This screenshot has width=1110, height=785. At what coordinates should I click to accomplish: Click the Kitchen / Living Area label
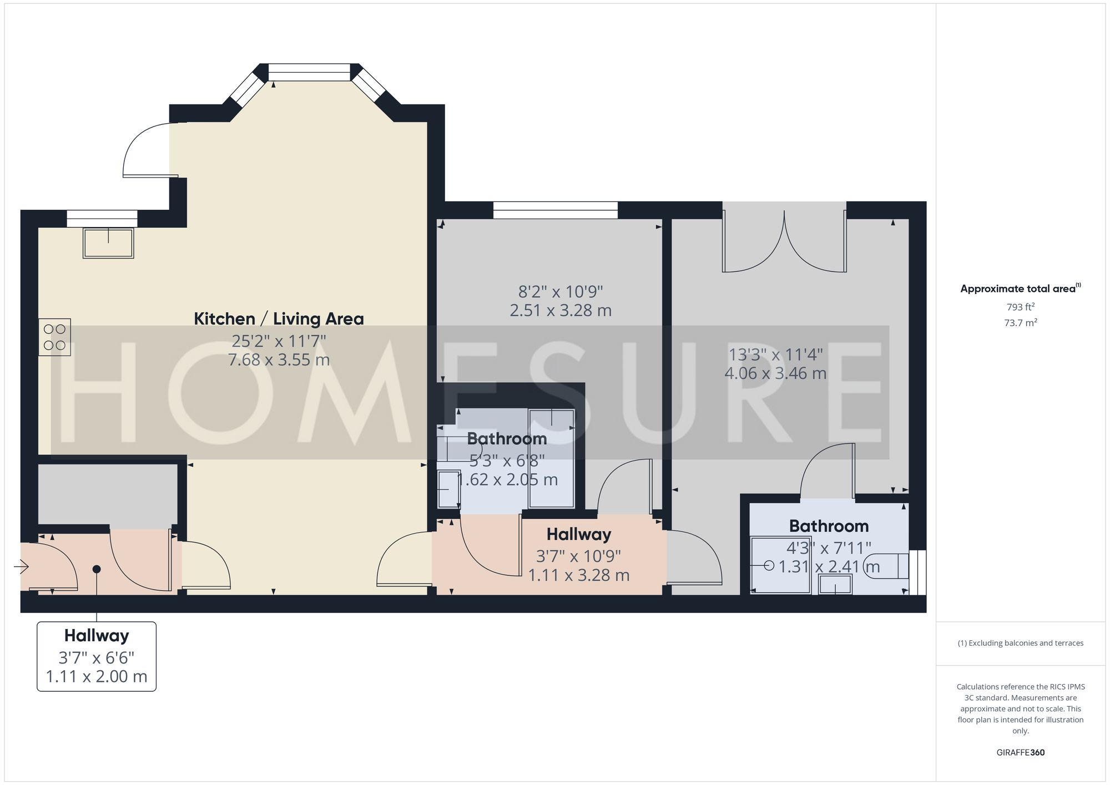tap(279, 318)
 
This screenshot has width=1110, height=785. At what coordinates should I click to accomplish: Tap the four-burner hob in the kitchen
tap(54, 337)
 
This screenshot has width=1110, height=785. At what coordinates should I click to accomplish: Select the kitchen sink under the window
tap(108, 243)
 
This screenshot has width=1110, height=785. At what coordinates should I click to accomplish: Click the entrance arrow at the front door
tap(22, 566)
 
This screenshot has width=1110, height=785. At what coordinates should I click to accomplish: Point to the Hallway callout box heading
tap(97, 635)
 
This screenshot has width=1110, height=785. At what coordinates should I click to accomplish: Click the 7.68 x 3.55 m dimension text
tap(279, 359)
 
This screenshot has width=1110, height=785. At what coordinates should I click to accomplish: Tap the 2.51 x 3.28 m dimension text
tap(561, 310)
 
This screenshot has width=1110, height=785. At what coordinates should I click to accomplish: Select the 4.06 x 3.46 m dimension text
tap(775, 373)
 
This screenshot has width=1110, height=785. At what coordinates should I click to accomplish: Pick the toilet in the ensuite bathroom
tap(888, 566)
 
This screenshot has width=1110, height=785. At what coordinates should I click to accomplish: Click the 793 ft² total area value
tap(1021, 307)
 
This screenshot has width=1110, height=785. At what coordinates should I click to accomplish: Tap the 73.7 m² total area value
tap(1021, 322)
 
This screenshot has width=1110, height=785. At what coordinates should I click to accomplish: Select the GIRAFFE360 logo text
tap(1021, 752)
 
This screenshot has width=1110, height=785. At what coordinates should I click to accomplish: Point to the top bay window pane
tap(309, 72)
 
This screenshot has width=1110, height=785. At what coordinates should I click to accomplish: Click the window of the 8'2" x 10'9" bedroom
tap(555, 210)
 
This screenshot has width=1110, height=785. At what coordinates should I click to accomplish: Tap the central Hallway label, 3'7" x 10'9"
tap(579, 534)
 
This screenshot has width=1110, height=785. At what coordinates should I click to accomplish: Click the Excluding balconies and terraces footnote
tap(1021, 643)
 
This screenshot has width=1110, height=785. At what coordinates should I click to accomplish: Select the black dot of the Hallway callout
tap(97, 569)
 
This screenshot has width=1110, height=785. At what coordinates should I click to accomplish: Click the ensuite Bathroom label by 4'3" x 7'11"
tap(829, 526)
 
